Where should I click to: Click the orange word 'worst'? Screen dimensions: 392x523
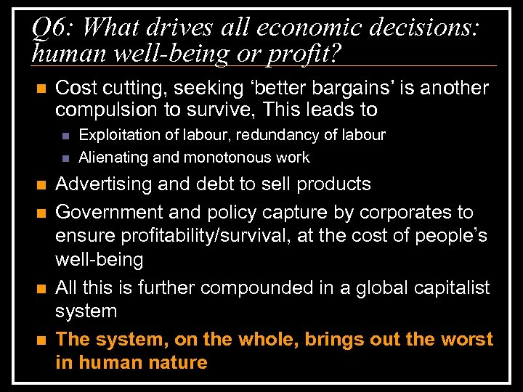point(466,340)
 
